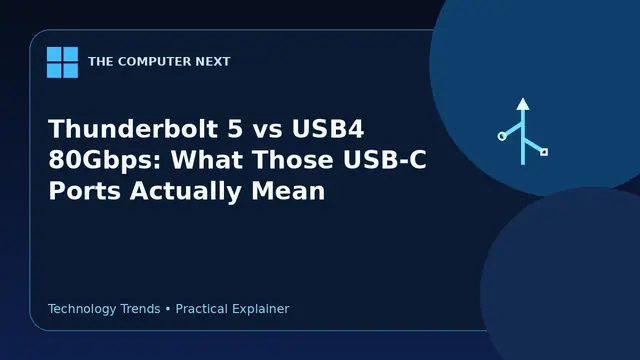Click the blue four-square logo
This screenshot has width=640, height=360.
coord(62,62)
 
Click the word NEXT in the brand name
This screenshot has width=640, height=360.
coord(213,62)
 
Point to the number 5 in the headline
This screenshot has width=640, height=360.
coord(235,129)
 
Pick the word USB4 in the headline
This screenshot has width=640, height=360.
coord(328,129)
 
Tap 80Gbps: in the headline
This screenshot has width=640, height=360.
coord(105,160)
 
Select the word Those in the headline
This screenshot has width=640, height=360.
coord(293,160)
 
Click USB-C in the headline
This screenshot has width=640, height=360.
coord(385,160)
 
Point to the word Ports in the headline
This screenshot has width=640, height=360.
coord(84,191)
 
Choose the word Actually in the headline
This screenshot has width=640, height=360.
coord(186,192)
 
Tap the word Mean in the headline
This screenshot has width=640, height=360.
coord(288,191)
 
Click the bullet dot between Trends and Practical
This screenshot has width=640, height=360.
coord(168,309)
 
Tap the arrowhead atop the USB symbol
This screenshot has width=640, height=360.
coord(523,104)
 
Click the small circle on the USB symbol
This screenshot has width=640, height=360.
coord(502,136)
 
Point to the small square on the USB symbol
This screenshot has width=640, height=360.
coord(544,152)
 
